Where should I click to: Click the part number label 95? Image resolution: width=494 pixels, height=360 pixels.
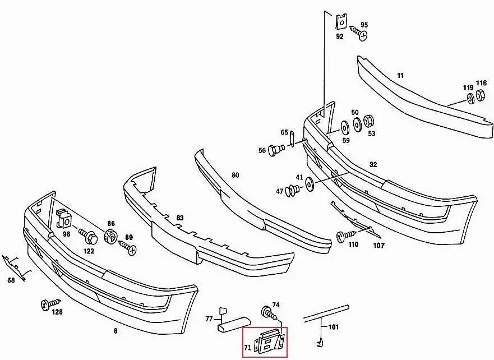coord(364,25)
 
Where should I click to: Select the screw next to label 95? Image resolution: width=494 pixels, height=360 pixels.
coord(359,33)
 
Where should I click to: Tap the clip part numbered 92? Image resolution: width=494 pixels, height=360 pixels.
coord(340,22)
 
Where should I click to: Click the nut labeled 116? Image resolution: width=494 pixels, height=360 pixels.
coord(481,98)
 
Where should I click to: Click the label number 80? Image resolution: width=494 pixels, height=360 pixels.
coord(235,175)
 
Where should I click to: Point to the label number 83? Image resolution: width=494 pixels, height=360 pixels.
coord(179,218)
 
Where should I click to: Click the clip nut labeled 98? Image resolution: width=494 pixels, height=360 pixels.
coord(63,218)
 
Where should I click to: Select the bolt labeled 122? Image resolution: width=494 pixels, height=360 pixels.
coord(89,235)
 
